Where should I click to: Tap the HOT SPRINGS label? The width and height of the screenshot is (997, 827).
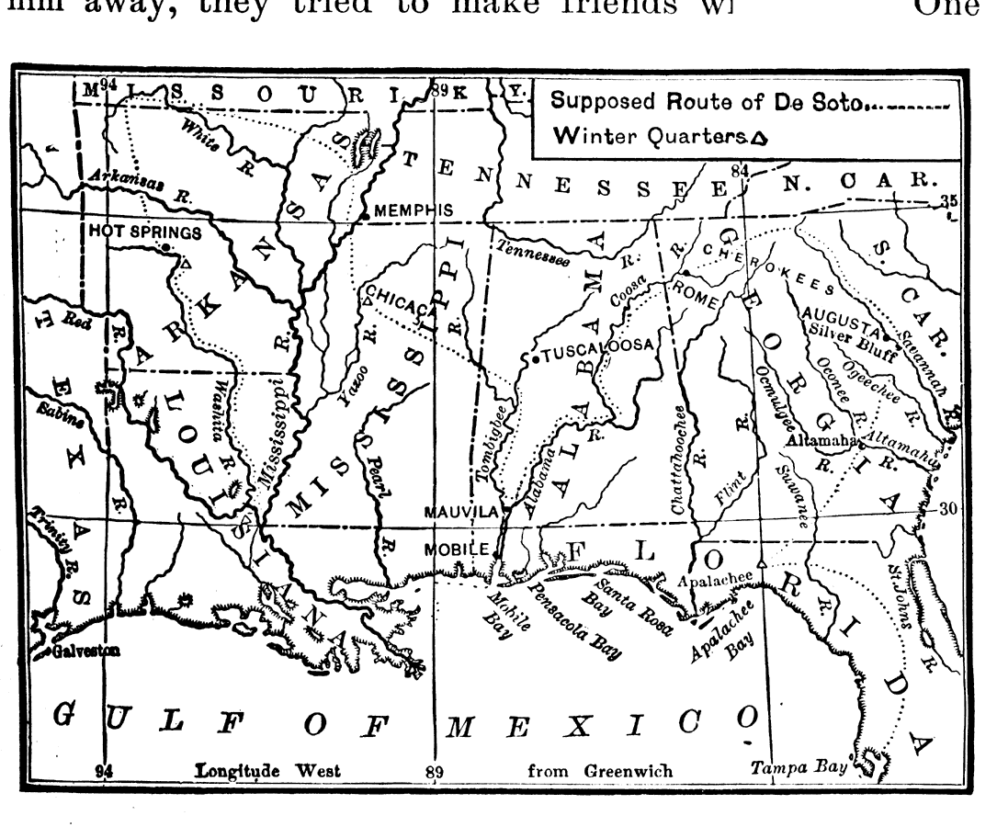pyautogui.click(x=144, y=232)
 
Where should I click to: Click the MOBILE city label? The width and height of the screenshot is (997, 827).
pyautogui.click(x=457, y=549)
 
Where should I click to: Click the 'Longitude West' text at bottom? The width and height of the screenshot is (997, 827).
pyautogui.click(x=266, y=771)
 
